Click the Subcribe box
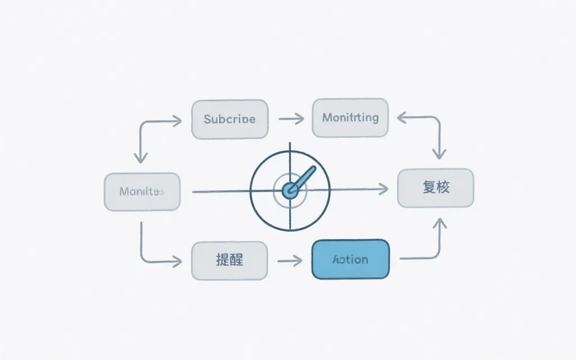229,119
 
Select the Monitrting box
350,118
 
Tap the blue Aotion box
350,259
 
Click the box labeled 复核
435,188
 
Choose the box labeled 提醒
229,260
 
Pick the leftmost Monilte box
142,192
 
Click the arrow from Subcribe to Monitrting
291,119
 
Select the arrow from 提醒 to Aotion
290,260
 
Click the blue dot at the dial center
290,191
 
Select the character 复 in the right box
429,188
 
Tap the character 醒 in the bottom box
237,260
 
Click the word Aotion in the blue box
350,259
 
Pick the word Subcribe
229,119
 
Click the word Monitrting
350,118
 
